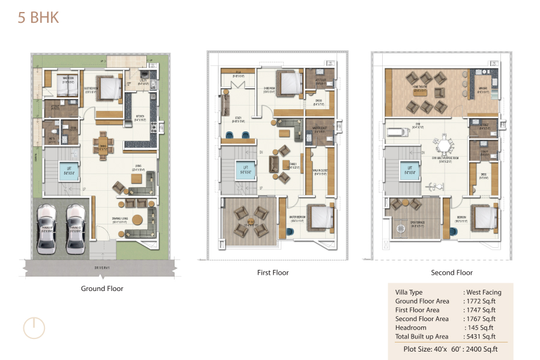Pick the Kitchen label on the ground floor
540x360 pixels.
[x=140, y=119]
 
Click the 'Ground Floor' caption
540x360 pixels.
[x=102, y=289]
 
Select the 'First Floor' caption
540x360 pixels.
[x=273, y=272]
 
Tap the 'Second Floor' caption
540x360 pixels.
[x=452, y=272]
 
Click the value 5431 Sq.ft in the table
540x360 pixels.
[x=479, y=337]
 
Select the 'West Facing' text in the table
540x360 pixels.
[x=484, y=292]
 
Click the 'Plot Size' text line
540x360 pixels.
[x=450, y=349]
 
